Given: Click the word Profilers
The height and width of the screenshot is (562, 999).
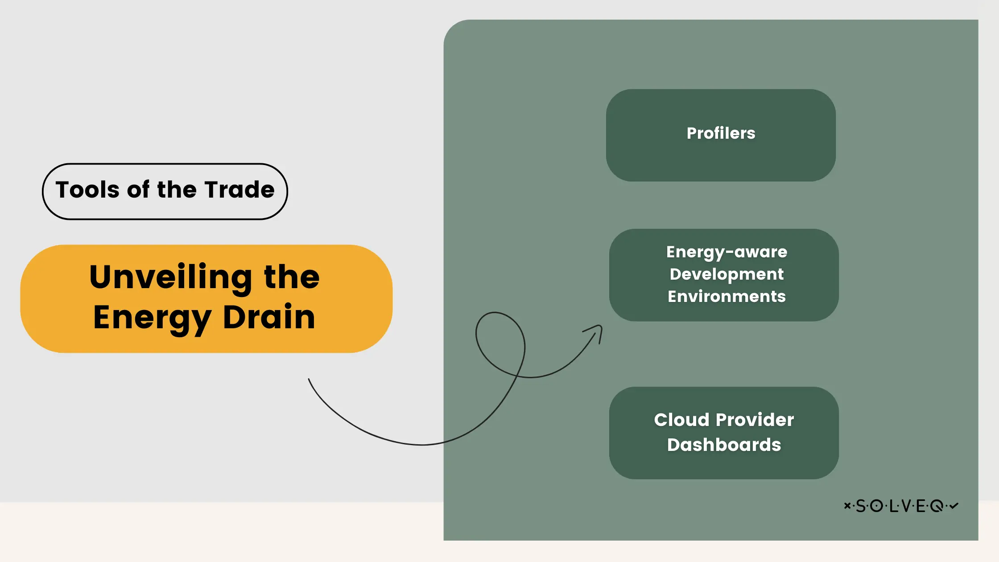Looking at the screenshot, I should pyautogui.click(x=721, y=133).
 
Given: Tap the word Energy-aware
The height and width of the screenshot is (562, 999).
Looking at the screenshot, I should pyautogui.click(x=727, y=252).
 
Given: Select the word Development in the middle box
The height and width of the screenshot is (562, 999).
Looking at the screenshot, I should pyautogui.click(x=727, y=274).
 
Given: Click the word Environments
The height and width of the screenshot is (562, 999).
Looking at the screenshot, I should pyautogui.click(x=727, y=297).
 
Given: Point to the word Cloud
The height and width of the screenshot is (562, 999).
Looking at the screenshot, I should pyautogui.click(x=681, y=420).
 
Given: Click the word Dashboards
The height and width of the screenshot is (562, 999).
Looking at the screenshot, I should pyautogui.click(x=724, y=445).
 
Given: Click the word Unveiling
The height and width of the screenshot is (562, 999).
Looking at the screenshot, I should pyautogui.click(x=171, y=277).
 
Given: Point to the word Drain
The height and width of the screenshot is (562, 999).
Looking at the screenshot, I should pyautogui.click(x=269, y=317).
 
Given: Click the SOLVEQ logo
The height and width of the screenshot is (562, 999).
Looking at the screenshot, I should pyautogui.click(x=901, y=506).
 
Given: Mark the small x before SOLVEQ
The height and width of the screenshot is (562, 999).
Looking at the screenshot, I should pyautogui.click(x=847, y=506).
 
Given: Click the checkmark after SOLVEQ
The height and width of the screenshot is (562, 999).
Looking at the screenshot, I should pyautogui.click(x=954, y=506).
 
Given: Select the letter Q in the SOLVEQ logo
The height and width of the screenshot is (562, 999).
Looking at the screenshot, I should pyautogui.click(x=937, y=506).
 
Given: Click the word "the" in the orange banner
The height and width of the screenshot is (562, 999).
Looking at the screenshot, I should pyautogui.click(x=292, y=277).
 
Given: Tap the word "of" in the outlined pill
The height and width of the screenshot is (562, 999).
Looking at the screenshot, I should pyautogui.click(x=138, y=190).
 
